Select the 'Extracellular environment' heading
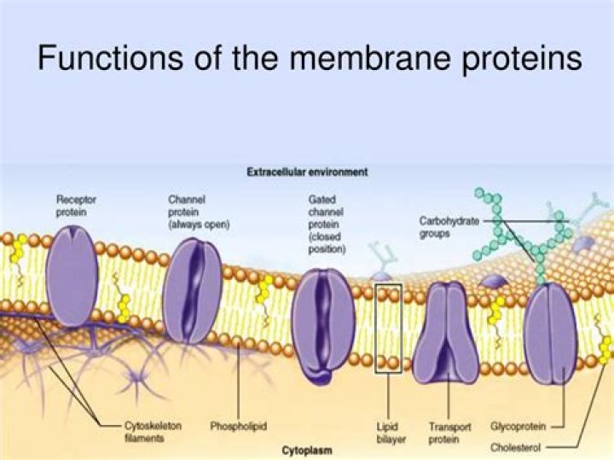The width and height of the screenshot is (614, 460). (x=307, y=172)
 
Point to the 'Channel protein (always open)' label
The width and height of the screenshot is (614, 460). (x=199, y=211)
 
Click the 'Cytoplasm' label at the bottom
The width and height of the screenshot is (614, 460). (x=307, y=449)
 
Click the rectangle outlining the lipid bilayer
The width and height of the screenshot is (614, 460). (x=388, y=329)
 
